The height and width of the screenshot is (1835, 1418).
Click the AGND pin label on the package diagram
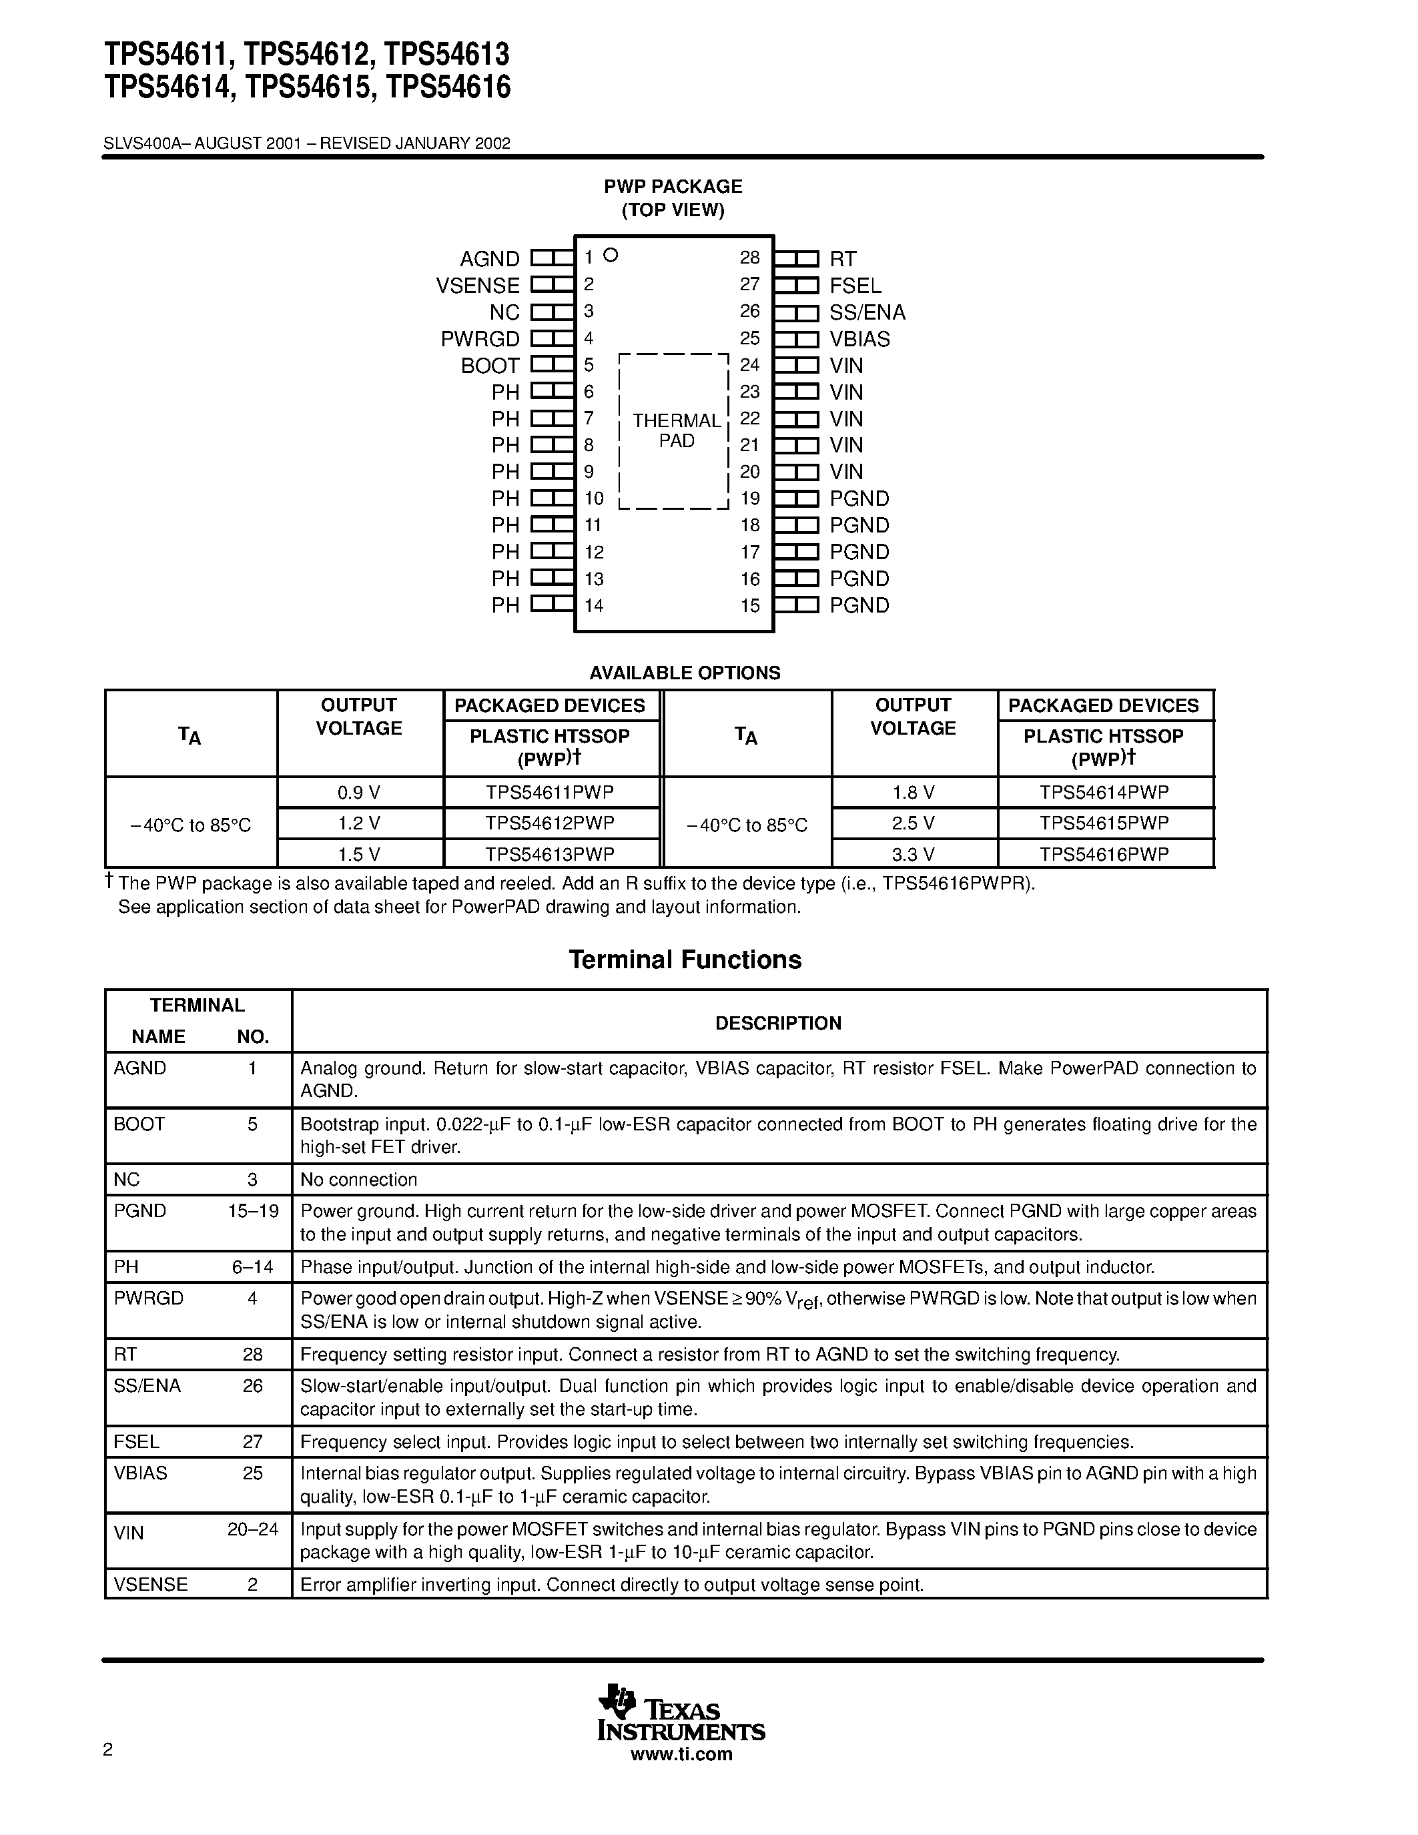tap(489, 259)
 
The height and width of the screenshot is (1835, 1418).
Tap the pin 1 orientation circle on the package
tap(611, 255)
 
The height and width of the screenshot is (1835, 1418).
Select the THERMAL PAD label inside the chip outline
tap(676, 430)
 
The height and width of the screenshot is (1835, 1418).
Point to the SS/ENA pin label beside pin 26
tap(867, 312)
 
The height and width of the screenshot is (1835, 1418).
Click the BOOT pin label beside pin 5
tap(490, 366)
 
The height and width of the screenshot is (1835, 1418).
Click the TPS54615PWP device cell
tap(1103, 823)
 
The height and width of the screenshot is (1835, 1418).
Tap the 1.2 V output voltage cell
tap(359, 823)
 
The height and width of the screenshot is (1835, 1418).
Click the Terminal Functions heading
tap(685, 960)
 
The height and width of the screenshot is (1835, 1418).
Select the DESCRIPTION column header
tap(778, 1022)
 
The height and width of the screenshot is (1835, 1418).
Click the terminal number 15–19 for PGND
tap(253, 1210)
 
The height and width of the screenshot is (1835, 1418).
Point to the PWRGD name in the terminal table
tap(149, 1298)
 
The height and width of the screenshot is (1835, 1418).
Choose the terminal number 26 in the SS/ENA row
tap(253, 1385)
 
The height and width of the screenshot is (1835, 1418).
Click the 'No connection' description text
tap(359, 1180)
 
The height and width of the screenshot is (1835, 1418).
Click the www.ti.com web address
tap(681, 1754)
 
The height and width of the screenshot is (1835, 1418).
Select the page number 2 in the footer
tap(107, 1750)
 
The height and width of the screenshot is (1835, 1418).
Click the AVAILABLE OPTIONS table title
tap(685, 673)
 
